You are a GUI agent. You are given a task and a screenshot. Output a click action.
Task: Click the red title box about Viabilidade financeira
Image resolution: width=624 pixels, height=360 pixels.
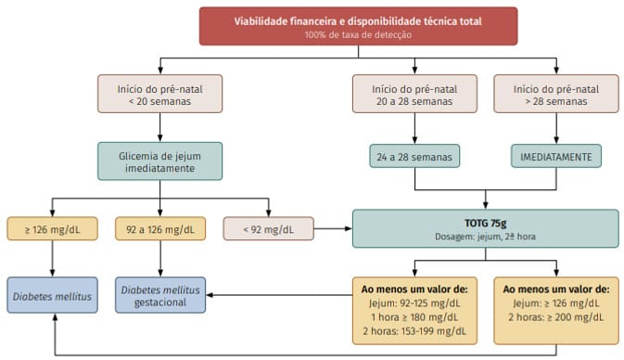[x=357, y=26]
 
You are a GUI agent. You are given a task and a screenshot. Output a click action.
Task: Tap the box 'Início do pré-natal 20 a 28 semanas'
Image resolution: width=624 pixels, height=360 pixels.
[x=414, y=94]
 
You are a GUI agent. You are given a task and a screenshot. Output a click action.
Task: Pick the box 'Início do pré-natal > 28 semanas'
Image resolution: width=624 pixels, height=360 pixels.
[x=556, y=94]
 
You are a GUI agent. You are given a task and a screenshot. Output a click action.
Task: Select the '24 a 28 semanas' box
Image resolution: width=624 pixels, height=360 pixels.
[x=414, y=157]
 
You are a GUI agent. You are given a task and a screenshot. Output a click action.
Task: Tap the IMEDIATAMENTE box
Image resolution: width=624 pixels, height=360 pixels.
[x=556, y=157]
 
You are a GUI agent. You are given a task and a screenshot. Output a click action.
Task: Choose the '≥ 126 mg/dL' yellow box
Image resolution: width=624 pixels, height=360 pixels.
[x=52, y=227]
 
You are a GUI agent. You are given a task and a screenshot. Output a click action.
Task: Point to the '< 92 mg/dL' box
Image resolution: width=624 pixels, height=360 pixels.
[x=267, y=227]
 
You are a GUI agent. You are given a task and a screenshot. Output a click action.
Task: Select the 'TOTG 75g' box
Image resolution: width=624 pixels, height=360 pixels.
[x=485, y=228]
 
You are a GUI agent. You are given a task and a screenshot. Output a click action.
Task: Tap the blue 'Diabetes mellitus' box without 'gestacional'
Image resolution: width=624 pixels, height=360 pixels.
[x=52, y=295]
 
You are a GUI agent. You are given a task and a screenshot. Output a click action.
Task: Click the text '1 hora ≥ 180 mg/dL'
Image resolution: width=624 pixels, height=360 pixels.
[x=414, y=316]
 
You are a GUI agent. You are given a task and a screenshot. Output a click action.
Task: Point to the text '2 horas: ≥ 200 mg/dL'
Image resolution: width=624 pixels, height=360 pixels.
[x=556, y=316]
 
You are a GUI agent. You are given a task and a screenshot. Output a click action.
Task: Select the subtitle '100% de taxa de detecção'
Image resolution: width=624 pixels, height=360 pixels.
[x=357, y=34]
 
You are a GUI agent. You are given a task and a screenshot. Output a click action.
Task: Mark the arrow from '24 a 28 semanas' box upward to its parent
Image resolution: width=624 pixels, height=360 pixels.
[x=414, y=129]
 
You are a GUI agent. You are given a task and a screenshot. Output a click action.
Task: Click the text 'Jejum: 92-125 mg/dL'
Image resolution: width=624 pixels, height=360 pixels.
[x=414, y=302]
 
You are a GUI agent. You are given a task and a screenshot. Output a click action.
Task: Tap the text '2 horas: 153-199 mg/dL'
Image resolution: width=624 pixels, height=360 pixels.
[x=414, y=330]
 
